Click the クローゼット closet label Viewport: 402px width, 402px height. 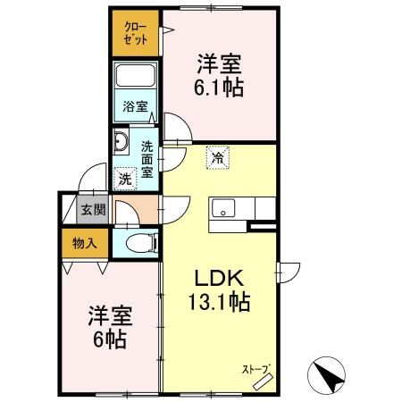click(x=136, y=33)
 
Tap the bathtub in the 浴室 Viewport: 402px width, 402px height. click(x=136, y=75)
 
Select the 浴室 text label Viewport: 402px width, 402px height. click(x=136, y=106)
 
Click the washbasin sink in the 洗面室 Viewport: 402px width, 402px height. click(x=121, y=142)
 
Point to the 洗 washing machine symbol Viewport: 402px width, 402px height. click(x=125, y=179)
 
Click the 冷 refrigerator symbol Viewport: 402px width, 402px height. click(x=218, y=157)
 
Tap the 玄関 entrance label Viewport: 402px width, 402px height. click(x=94, y=210)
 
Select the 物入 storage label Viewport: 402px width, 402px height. click(x=85, y=244)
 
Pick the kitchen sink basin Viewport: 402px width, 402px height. click(x=223, y=208)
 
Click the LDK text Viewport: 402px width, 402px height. click(x=220, y=279)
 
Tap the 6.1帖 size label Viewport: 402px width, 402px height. click(x=219, y=88)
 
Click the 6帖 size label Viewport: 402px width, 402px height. click(x=110, y=339)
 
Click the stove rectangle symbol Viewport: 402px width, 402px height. click(x=263, y=381)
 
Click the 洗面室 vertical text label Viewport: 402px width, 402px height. click(x=147, y=159)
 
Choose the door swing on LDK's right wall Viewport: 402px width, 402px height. click(x=288, y=272)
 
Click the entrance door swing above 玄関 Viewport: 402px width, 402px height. click(x=92, y=178)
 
